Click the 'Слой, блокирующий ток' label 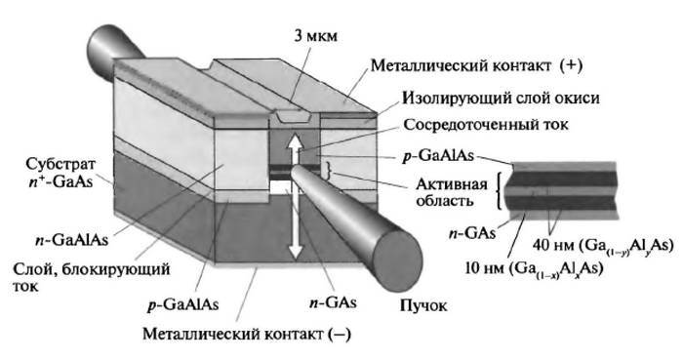click(x=69, y=276)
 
